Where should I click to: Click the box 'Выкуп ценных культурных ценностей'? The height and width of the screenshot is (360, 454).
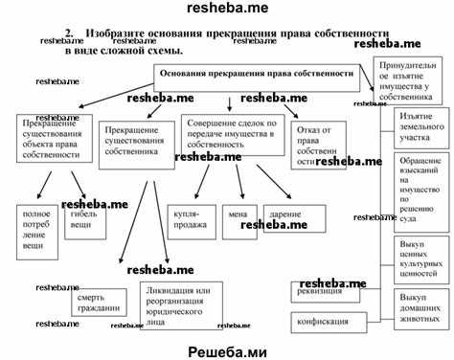pyautogui.click(x=419, y=256)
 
